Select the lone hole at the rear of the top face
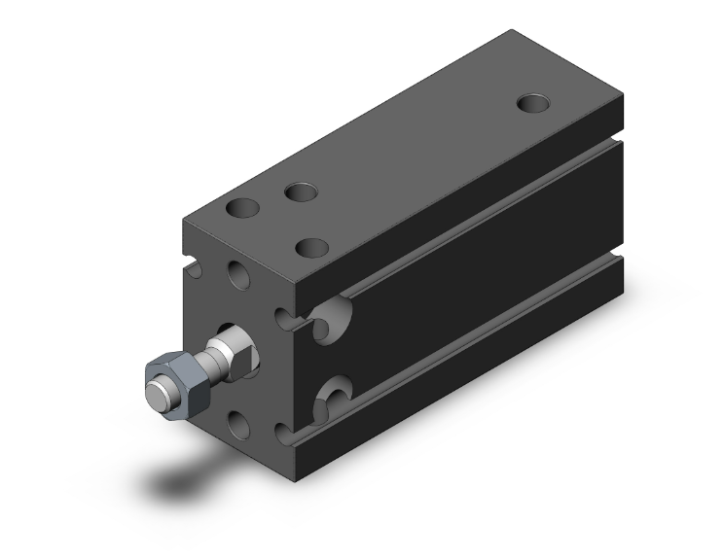pos(532,101)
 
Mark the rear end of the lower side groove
pos(616,257)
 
